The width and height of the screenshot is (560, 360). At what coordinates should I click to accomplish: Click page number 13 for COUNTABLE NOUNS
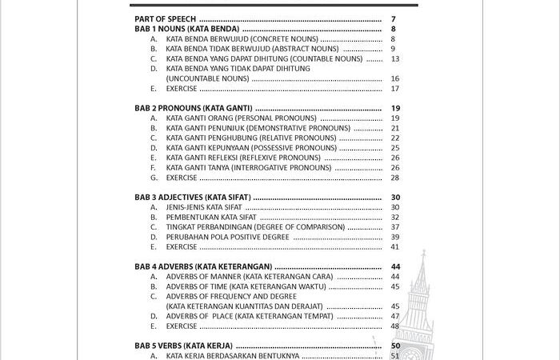click(x=395, y=58)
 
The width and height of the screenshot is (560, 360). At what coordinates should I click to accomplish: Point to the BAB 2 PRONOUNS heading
click(x=193, y=108)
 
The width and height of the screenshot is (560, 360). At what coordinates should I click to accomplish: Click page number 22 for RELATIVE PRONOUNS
click(x=395, y=138)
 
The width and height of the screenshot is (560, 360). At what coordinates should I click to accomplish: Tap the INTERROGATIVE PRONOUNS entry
click(x=248, y=168)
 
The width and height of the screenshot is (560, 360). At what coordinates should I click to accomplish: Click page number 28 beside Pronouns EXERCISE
click(x=395, y=178)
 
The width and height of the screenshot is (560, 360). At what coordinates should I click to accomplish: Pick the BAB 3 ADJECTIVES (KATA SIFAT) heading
click(x=193, y=197)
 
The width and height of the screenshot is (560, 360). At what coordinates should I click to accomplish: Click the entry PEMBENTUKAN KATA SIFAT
click(x=211, y=217)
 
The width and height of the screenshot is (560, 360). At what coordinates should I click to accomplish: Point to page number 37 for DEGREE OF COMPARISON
click(x=395, y=227)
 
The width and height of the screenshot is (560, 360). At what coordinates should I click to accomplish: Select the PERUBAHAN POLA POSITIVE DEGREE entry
click(x=227, y=237)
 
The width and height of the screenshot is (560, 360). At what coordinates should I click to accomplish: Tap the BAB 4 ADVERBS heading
click(x=203, y=266)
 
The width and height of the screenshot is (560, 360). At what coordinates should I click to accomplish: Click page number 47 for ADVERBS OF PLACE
click(x=395, y=316)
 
